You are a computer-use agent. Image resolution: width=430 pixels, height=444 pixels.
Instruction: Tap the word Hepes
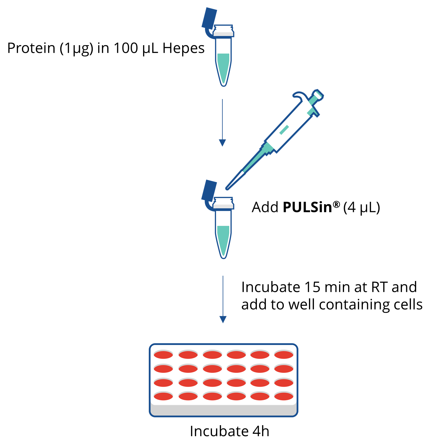[183, 48]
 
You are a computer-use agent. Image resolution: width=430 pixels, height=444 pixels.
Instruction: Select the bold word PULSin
[307, 207]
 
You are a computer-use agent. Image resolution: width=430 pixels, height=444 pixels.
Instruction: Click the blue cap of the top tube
[209, 19]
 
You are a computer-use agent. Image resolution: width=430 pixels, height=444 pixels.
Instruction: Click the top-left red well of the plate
[163, 355]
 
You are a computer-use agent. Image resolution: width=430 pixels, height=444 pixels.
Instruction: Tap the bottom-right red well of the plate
[284, 396]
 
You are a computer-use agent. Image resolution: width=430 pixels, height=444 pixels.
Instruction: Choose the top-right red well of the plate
[284, 355]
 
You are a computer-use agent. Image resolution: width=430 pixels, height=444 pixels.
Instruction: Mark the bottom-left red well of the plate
[163, 396]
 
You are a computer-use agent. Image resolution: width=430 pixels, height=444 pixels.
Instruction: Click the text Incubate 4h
[229, 431]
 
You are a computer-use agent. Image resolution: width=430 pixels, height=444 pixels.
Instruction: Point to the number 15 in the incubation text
[312, 287]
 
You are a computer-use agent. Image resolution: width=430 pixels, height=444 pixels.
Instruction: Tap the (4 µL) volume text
[362, 208]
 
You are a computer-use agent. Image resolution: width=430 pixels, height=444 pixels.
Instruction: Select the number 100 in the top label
[126, 48]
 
